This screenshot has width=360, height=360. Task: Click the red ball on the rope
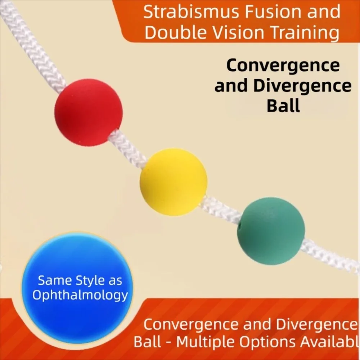tap(89, 112)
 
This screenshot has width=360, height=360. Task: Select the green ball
tap(271, 231)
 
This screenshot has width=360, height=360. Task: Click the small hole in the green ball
tap(239, 224)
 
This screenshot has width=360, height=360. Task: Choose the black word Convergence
tap(283, 66)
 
